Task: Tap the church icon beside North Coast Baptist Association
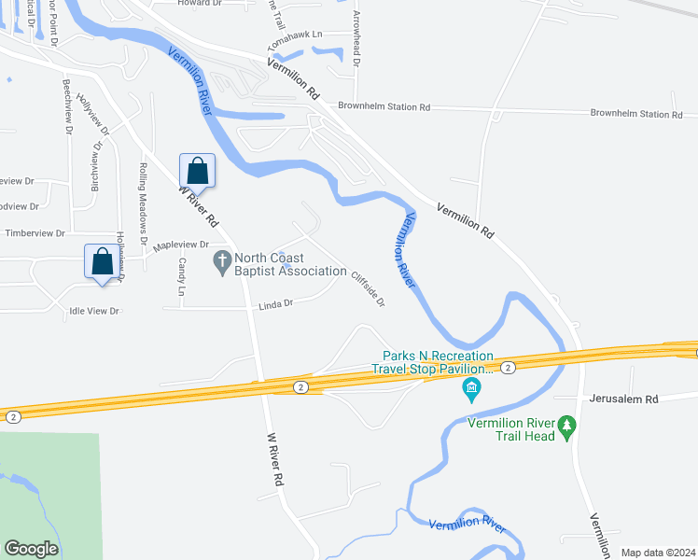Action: click(x=222, y=262)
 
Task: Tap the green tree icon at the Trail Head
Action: click(x=567, y=428)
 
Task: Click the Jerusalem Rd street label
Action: click(x=625, y=399)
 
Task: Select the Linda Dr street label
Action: click(x=276, y=303)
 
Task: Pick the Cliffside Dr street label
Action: click(x=368, y=288)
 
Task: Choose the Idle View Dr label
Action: click(x=95, y=311)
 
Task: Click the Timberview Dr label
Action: click(x=35, y=233)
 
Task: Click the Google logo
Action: click(x=31, y=549)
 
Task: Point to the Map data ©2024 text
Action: click(x=658, y=553)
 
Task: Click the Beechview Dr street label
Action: click(x=67, y=105)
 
